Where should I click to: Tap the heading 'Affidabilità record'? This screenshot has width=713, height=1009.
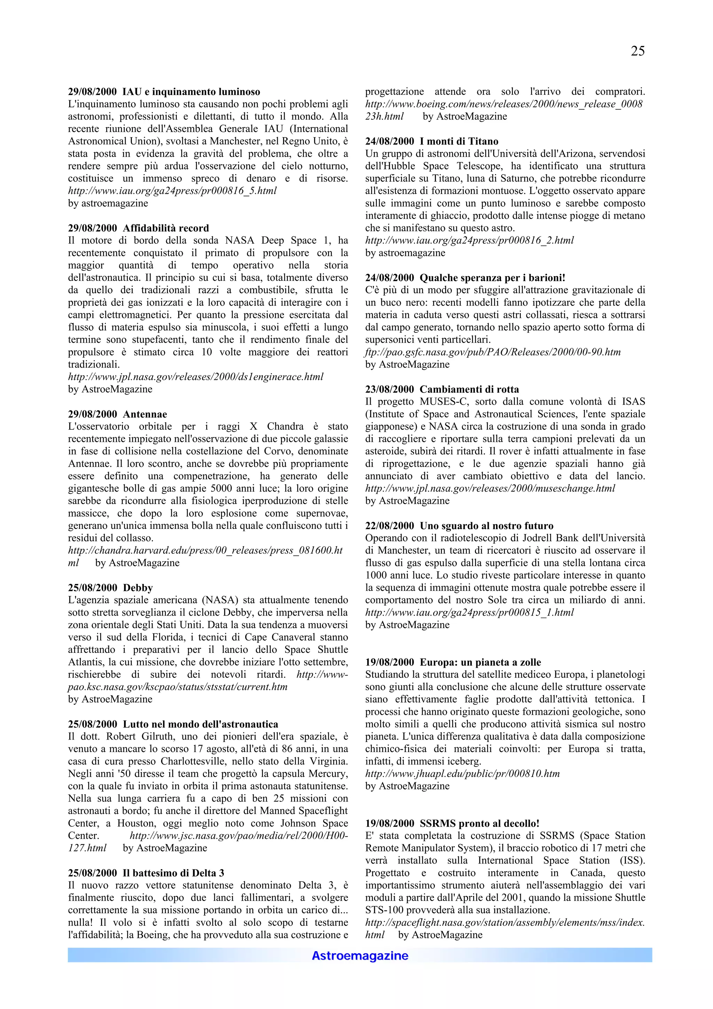point(166,228)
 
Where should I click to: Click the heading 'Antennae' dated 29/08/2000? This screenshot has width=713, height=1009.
point(145,414)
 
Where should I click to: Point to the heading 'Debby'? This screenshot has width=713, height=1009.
point(138,588)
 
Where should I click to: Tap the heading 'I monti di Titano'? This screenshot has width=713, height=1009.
point(459,141)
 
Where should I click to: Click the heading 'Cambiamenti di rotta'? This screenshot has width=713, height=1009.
point(469,389)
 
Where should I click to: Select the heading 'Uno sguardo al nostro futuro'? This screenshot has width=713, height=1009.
point(486,526)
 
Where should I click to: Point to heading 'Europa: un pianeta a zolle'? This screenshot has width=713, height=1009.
point(480,662)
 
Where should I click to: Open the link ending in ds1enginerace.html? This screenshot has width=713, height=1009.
point(196,377)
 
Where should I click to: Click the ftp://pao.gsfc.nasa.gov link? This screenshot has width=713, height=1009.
point(493,352)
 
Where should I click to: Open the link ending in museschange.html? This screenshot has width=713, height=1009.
point(490,488)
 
